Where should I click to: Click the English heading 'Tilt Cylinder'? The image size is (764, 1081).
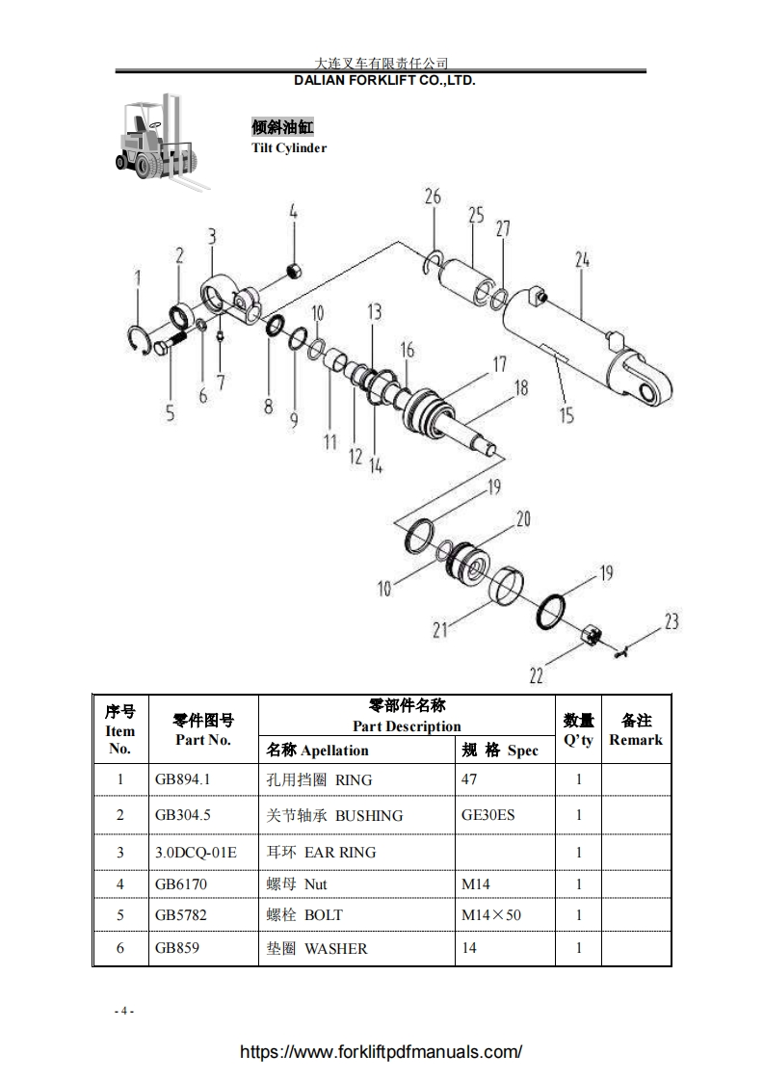pos(289,148)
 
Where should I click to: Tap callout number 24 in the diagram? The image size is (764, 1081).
pos(582,260)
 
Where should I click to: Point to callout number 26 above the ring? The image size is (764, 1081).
pos(433,198)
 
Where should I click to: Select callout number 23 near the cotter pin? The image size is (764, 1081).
pos(672,621)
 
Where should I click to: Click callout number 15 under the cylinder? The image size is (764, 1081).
pos(566,415)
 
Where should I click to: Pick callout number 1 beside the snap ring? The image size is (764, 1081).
pos(138,279)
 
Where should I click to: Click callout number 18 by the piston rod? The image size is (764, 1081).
pos(520,388)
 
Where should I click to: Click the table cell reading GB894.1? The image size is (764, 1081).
pos(182,778)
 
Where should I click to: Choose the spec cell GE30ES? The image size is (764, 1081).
pos(487,815)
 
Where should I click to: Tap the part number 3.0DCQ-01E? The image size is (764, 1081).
pos(196,852)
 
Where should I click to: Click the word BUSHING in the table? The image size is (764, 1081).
pos(369,815)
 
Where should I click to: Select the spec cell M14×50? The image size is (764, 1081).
pos(491,914)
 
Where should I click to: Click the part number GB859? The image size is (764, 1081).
pos(177,948)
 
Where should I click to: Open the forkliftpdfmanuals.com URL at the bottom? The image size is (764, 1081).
pos(382,1052)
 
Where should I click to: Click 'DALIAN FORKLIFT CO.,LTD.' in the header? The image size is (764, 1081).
pos(384,81)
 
